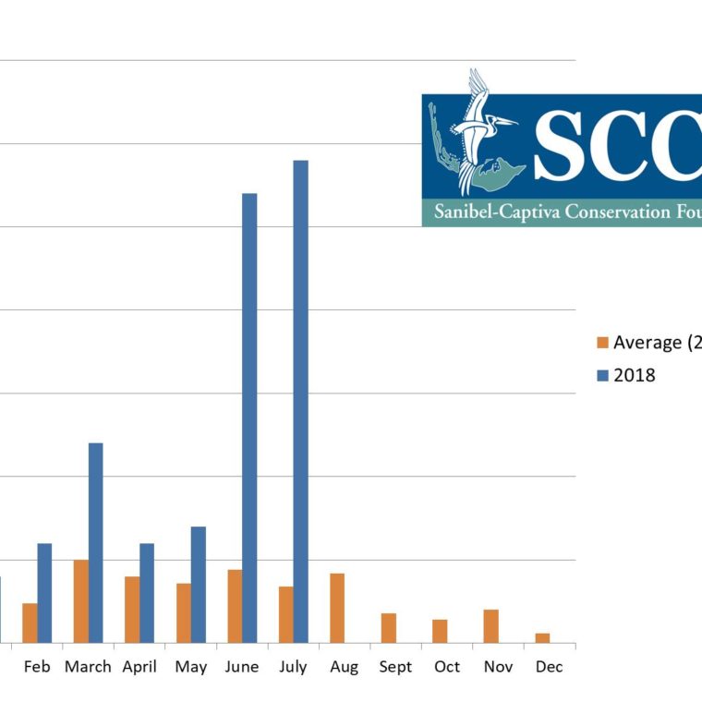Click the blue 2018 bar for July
[300, 402]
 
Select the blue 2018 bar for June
[249, 418]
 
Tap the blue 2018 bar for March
[95, 543]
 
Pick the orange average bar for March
[81, 601]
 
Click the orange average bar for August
[337, 608]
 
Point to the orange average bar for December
[542, 637]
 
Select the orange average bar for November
[490, 626]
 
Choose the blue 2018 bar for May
[198, 585]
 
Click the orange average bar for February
[30, 623]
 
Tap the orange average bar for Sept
[389, 628]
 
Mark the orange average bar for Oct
[440, 631]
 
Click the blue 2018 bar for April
[147, 593]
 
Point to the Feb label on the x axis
[37, 667]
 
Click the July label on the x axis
[293, 667]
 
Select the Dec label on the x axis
[549, 667]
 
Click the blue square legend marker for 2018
[602, 375]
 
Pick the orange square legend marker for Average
[602, 343]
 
